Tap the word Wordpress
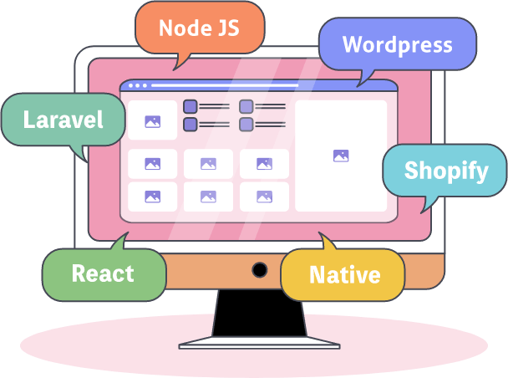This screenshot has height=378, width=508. [x=397, y=45]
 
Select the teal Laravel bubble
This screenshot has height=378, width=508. [x=63, y=120]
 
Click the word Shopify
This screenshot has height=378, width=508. [x=446, y=171]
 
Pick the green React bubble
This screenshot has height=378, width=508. [x=103, y=273]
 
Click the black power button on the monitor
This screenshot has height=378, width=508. [x=260, y=269]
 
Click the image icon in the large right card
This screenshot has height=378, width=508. [x=340, y=156]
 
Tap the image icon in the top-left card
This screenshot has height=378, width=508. [x=152, y=121]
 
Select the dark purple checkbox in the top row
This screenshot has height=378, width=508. [x=190, y=106]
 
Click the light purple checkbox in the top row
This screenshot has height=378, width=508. [x=246, y=106]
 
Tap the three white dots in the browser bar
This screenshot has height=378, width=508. [x=137, y=85]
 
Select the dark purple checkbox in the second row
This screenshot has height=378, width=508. [x=190, y=124]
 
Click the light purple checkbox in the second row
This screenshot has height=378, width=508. [x=246, y=124]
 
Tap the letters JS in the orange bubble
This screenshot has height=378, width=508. [x=225, y=28]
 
